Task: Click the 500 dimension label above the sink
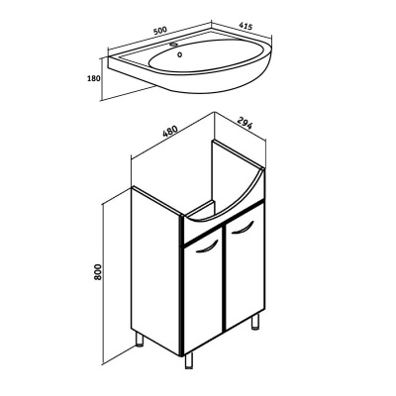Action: pyautogui.click(x=160, y=31)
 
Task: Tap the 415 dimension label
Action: pyautogui.click(x=246, y=26)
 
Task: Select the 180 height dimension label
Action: pyautogui.click(x=93, y=78)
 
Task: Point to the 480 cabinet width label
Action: pyautogui.click(x=170, y=132)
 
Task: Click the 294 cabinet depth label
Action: pyautogui.click(x=246, y=123)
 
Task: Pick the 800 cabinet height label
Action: pyautogui.click(x=98, y=272)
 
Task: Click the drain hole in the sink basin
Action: pyautogui.click(x=180, y=55)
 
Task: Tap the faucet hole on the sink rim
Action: pyautogui.click(x=173, y=44)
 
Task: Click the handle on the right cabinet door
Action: pyautogui.click(x=243, y=229)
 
